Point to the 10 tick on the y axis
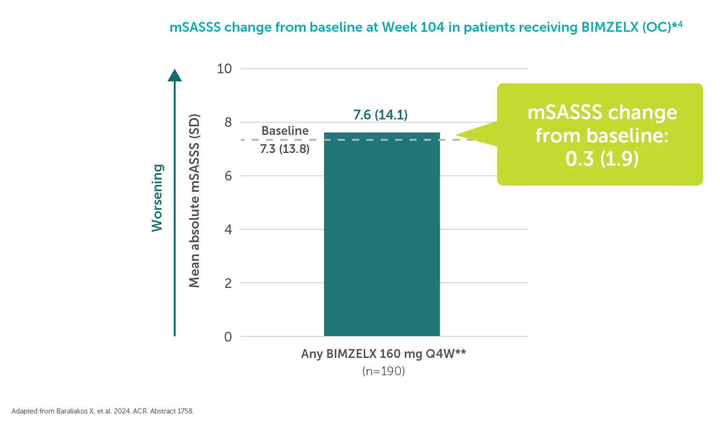(225, 69)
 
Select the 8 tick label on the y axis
(228, 122)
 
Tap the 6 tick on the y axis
(228, 176)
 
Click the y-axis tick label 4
(228, 230)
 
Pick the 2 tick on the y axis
(228, 283)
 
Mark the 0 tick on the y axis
(228, 336)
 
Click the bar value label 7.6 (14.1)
(380, 115)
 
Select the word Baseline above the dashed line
(285, 131)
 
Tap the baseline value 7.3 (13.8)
(285, 149)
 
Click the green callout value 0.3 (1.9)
(601, 159)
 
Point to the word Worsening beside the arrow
(157, 198)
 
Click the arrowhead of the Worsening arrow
(175, 75)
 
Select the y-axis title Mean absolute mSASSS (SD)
(194, 201)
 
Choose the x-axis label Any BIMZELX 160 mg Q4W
(383, 354)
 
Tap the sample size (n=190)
(383, 371)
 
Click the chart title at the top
(425, 27)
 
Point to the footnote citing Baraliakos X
(103, 411)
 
